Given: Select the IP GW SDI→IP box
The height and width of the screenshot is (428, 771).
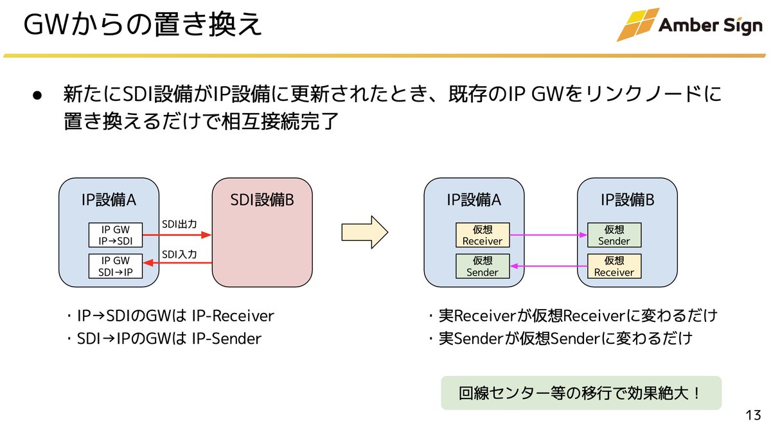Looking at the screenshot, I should pos(115,266).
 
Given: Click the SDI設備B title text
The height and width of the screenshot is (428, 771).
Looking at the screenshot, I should pos(262,200).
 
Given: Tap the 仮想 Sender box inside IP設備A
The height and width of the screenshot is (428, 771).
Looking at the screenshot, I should pos(483,266).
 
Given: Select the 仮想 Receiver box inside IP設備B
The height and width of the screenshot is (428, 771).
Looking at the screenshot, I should pos(614,266).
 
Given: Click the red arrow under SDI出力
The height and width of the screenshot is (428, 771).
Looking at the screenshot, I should pos(176,235).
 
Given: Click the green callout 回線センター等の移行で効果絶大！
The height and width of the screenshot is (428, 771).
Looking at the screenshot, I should pos(581,392).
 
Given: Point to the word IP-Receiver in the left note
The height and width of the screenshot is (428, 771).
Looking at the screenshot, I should pos(233,316).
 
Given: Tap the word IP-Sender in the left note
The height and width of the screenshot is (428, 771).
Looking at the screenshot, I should pos(227,339).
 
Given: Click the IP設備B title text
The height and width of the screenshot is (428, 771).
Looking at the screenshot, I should pos(628,200).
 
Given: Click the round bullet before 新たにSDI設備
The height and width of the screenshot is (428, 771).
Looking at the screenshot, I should pos(37,95).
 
